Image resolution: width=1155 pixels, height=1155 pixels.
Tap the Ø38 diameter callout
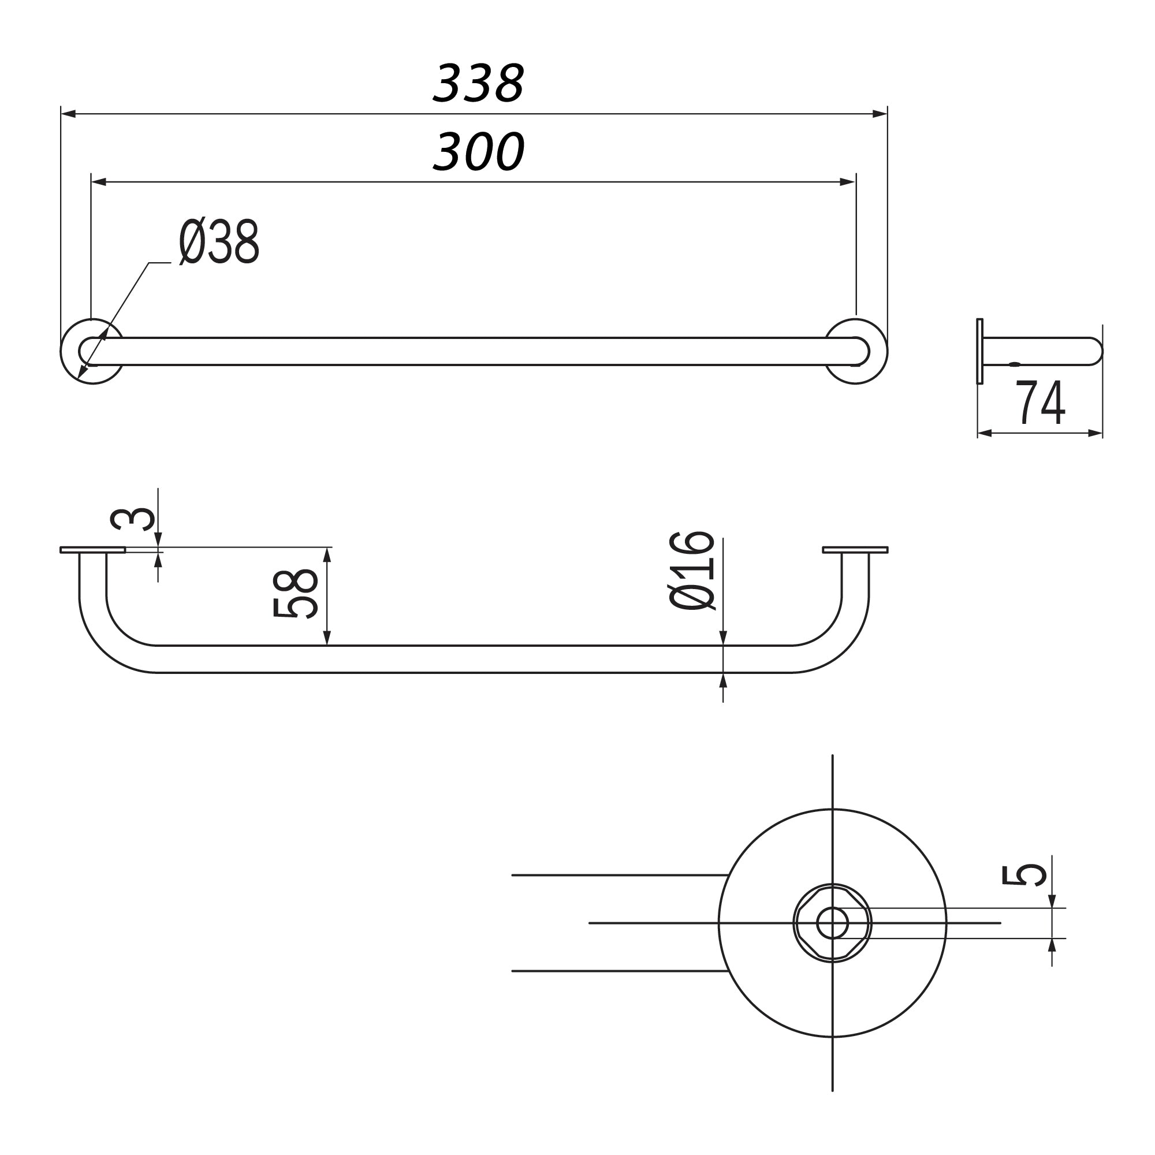coord(219,242)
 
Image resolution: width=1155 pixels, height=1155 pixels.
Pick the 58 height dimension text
coord(295,594)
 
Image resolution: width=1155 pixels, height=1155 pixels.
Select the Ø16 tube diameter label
coord(692,571)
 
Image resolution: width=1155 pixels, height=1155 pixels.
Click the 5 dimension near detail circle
coord(1024,874)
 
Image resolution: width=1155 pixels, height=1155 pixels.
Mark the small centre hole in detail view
coord(832,923)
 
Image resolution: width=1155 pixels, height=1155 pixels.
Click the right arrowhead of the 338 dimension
coord(880,114)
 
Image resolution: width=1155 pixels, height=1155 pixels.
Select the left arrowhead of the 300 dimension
coord(99,182)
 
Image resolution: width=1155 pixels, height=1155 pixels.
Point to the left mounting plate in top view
coord(92,550)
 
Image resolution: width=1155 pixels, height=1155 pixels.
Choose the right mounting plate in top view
coord(855,550)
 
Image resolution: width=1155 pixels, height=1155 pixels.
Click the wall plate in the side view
coord(980,352)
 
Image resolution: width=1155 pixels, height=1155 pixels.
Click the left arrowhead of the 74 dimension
coord(985,433)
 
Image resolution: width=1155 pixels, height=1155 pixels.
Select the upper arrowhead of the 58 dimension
coord(327,555)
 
